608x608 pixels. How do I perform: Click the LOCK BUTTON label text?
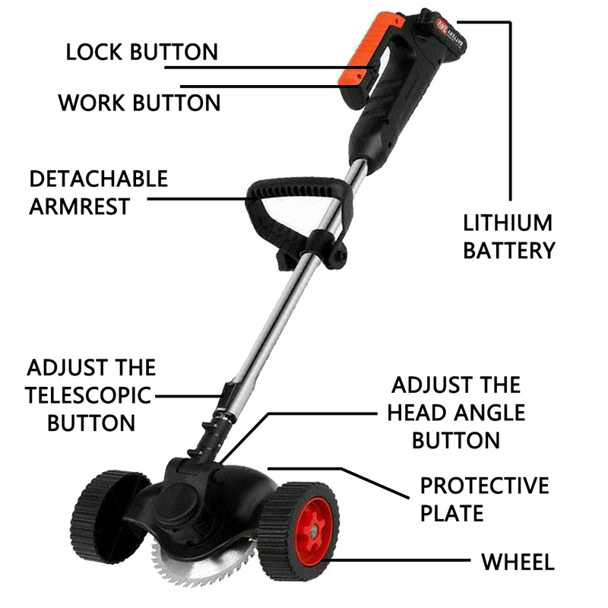click(x=141, y=52)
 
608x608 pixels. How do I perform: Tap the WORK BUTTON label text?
click(x=139, y=103)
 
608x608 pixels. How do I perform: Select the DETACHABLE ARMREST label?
click(x=98, y=193)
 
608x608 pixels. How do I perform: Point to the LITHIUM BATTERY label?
click(x=508, y=236)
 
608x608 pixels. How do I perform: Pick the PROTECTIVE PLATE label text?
click(x=484, y=500)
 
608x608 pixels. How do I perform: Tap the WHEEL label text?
click(x=518, y=562)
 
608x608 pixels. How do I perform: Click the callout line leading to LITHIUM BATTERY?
click(x=510, y=114)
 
